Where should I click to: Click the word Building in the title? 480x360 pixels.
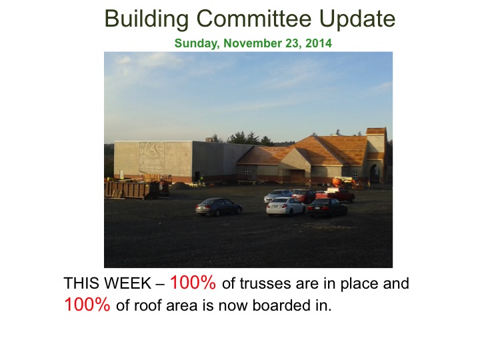coord(147,19)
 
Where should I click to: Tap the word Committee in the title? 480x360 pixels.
coord(254,19)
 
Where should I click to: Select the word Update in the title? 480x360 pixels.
coord(357,19)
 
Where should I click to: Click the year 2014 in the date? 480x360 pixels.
coord(319,43)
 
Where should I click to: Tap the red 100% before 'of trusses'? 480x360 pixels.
coord(193,282)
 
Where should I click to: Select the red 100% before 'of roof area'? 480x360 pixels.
coord(87,304)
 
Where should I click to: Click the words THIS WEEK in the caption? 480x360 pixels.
coord(107,283)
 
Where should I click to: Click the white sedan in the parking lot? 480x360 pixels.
coord(285,206)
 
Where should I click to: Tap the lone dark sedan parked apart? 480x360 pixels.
coord(219,207)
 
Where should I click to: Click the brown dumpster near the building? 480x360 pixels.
coord(131,189)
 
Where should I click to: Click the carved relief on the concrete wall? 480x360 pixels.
coord(151,156)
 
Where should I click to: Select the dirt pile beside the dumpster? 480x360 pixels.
coord(181,185)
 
